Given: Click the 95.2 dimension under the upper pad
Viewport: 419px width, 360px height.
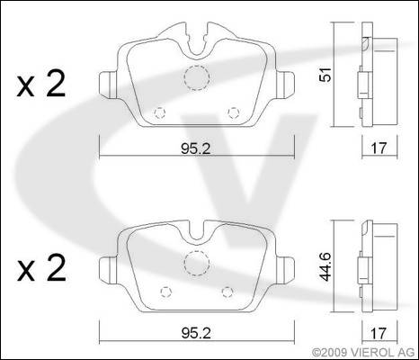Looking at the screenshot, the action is [x=196, y=148].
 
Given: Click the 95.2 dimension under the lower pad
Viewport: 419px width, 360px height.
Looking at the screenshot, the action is [x=196, y=333].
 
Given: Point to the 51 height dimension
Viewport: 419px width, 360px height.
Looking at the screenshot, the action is [x=325, y=75].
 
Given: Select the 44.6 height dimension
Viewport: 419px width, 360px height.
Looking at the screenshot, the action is [x=325, y=266].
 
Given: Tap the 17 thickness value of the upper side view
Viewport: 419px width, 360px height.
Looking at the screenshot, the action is [x=379, y=148].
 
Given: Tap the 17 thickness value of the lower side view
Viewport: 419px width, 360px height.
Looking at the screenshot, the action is [x=379, y=333].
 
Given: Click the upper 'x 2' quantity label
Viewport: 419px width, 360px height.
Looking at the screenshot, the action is [x=41, y=85].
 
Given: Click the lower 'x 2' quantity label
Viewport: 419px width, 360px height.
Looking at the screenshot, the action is [x=41, y=267].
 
